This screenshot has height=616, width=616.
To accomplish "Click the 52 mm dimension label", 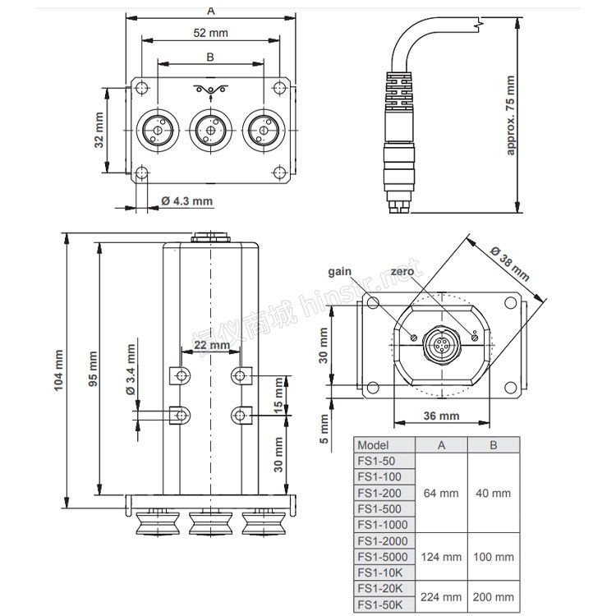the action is [x=210, y=33].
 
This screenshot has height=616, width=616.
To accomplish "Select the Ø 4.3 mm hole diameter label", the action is [x=187, y=201].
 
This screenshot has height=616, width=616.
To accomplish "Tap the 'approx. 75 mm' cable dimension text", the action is [x=510, y=115].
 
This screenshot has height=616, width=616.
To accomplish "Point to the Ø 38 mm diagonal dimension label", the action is [x=510, y=264].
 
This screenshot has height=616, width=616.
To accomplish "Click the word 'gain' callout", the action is [x=339, y=272].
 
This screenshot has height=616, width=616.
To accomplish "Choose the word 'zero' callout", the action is [x=402, y=272].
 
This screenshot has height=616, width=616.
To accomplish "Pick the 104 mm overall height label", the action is [x=58, y=370].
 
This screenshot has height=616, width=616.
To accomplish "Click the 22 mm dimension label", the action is [x=212, y=345].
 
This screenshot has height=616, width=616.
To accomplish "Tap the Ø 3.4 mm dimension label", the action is [x=131, y=370].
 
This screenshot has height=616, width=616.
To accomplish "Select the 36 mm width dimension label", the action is [x=441, y=416].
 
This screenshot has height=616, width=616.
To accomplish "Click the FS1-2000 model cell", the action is [x=383, y=541].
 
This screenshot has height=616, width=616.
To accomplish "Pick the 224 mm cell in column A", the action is [x=441, y=597].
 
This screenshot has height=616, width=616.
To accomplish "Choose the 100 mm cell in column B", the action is [x=494, y=557].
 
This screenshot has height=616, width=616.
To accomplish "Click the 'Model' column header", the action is [x=373, y=445].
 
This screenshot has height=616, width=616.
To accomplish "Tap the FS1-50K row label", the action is [x=380, y=605].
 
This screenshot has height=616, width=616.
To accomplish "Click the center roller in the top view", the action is [x=211, y=130].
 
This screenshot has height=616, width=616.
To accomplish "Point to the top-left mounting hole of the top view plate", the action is [x=142, y=87].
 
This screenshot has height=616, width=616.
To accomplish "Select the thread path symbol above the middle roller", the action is [x=211, y=90].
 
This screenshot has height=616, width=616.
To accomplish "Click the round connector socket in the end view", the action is [x=442, y=345].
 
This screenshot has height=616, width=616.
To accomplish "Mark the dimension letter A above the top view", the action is [x=211, y=11].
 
